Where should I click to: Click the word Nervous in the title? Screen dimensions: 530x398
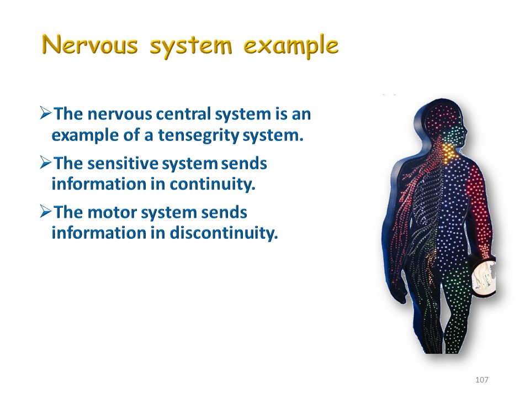coord(90,45)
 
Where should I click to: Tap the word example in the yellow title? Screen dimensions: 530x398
coord(291,46)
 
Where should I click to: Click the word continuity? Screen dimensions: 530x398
coord(212,185)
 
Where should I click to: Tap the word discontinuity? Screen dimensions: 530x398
coord(224,233)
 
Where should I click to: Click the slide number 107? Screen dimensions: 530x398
coord(481,380)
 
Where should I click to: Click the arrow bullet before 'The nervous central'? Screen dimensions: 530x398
coord(46,113)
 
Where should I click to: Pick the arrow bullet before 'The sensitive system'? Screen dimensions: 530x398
coord(46,163)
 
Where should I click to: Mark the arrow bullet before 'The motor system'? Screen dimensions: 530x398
coord(46,212)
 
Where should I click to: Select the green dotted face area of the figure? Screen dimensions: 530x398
coord(454,135)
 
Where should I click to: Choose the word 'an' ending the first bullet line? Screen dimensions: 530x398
coord(301,114)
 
